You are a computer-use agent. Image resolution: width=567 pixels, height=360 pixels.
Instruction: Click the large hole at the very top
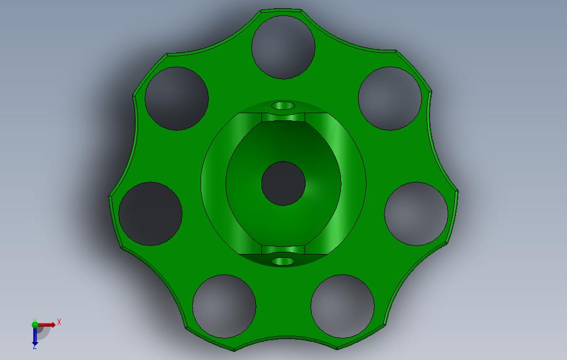283,47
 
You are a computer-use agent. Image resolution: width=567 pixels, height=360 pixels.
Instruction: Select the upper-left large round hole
176,98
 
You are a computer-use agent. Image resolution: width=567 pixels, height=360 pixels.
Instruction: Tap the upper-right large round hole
390,98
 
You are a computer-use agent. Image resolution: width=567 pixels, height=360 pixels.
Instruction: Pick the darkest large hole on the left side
150,214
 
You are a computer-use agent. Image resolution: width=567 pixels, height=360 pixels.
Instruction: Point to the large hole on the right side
416,214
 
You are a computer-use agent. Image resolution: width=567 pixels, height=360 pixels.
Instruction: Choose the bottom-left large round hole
224,306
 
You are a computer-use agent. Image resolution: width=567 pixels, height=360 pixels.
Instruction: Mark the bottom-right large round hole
343,306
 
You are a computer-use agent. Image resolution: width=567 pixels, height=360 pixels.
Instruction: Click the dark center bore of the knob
283,184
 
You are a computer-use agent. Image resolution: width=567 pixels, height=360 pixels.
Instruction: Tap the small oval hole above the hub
283,105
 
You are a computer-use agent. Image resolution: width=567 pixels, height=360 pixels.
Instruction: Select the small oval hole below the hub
283,261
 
